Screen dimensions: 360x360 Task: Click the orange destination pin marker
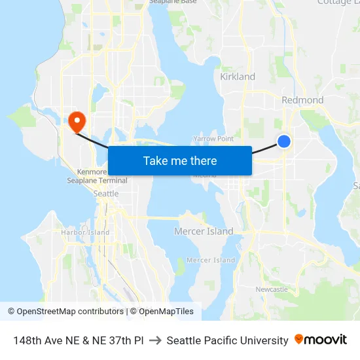(77, 120)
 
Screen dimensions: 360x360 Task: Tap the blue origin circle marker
(284, 141)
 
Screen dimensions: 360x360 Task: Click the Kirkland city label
(238, 77)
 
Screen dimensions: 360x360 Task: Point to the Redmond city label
(302, 100)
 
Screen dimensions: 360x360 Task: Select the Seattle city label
(106, 194)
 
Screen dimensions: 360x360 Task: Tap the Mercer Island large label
(204, 231)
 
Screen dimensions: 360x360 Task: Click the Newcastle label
(272, 289)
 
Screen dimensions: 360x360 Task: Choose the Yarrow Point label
(213, 139)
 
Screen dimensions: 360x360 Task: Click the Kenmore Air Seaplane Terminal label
(92, 176)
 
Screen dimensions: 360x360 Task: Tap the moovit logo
(321, 340)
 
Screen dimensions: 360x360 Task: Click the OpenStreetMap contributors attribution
(65, 312)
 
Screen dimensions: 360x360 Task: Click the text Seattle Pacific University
(227, 340)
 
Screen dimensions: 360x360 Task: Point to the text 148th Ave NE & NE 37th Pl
(79, 340)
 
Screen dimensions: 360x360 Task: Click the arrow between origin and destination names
(155, 340)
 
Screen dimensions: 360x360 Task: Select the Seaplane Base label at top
(173, 2)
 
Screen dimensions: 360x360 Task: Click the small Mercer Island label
(211, 260)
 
